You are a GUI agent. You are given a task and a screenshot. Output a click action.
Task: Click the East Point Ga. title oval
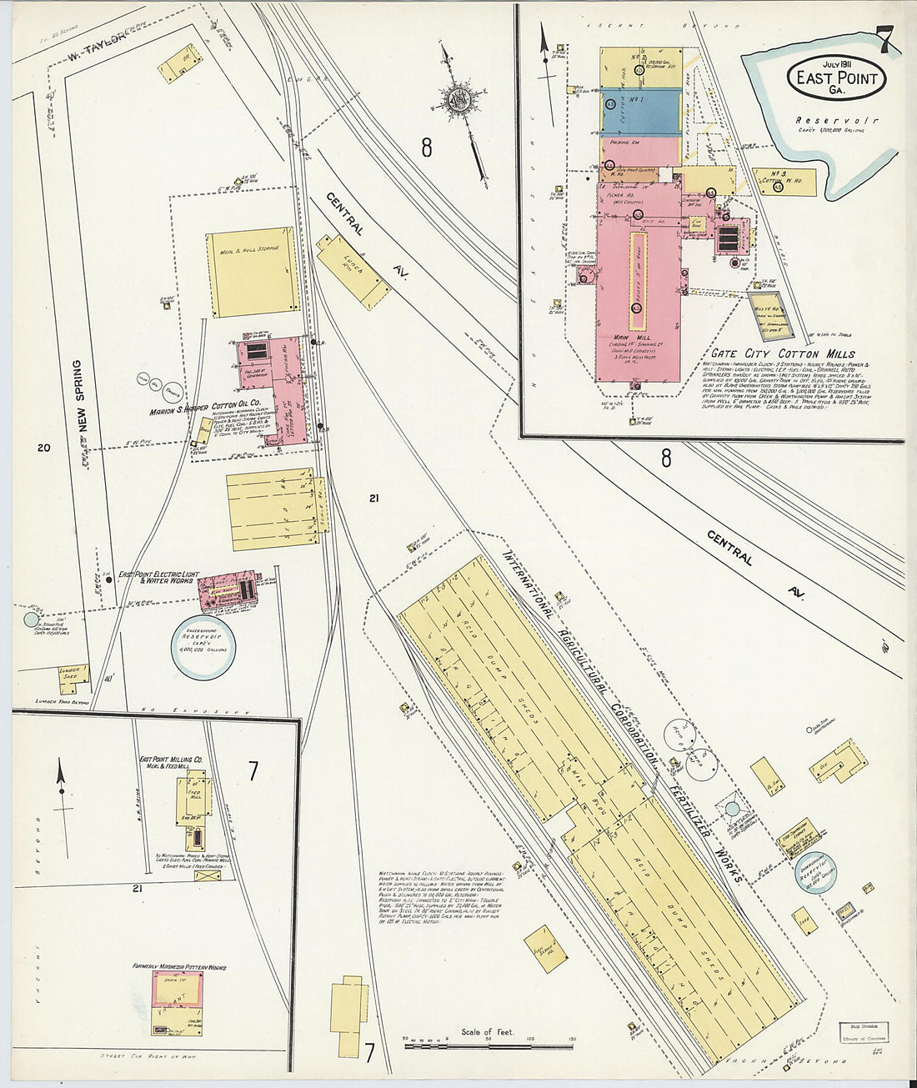click(836, 78)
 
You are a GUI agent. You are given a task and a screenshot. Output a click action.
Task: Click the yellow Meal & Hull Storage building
click(253, 272)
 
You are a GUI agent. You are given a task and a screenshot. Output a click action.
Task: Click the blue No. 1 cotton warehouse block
click(640, 111)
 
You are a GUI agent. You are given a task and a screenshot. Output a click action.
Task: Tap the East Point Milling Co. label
click(171, 763)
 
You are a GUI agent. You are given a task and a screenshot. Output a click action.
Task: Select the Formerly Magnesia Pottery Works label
click(179, 967)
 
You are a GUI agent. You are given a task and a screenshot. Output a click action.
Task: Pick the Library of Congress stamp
click(864, 1034)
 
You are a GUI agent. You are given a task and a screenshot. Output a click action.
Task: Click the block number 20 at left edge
click(43, 449)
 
